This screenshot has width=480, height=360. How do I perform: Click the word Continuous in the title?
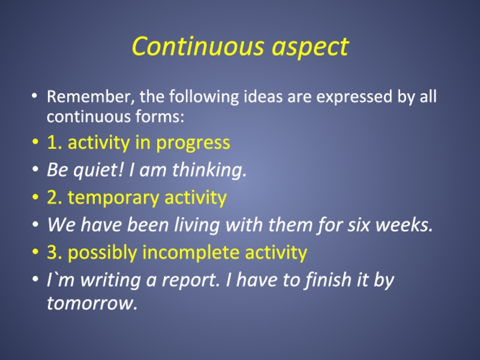[x=198, y=46]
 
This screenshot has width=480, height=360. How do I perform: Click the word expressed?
[x=354, y=97]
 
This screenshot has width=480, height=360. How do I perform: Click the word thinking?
[x=209, y=170]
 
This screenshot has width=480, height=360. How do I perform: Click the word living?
[x=197, y=225]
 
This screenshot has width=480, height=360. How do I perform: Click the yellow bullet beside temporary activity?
[x=35, y=197]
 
